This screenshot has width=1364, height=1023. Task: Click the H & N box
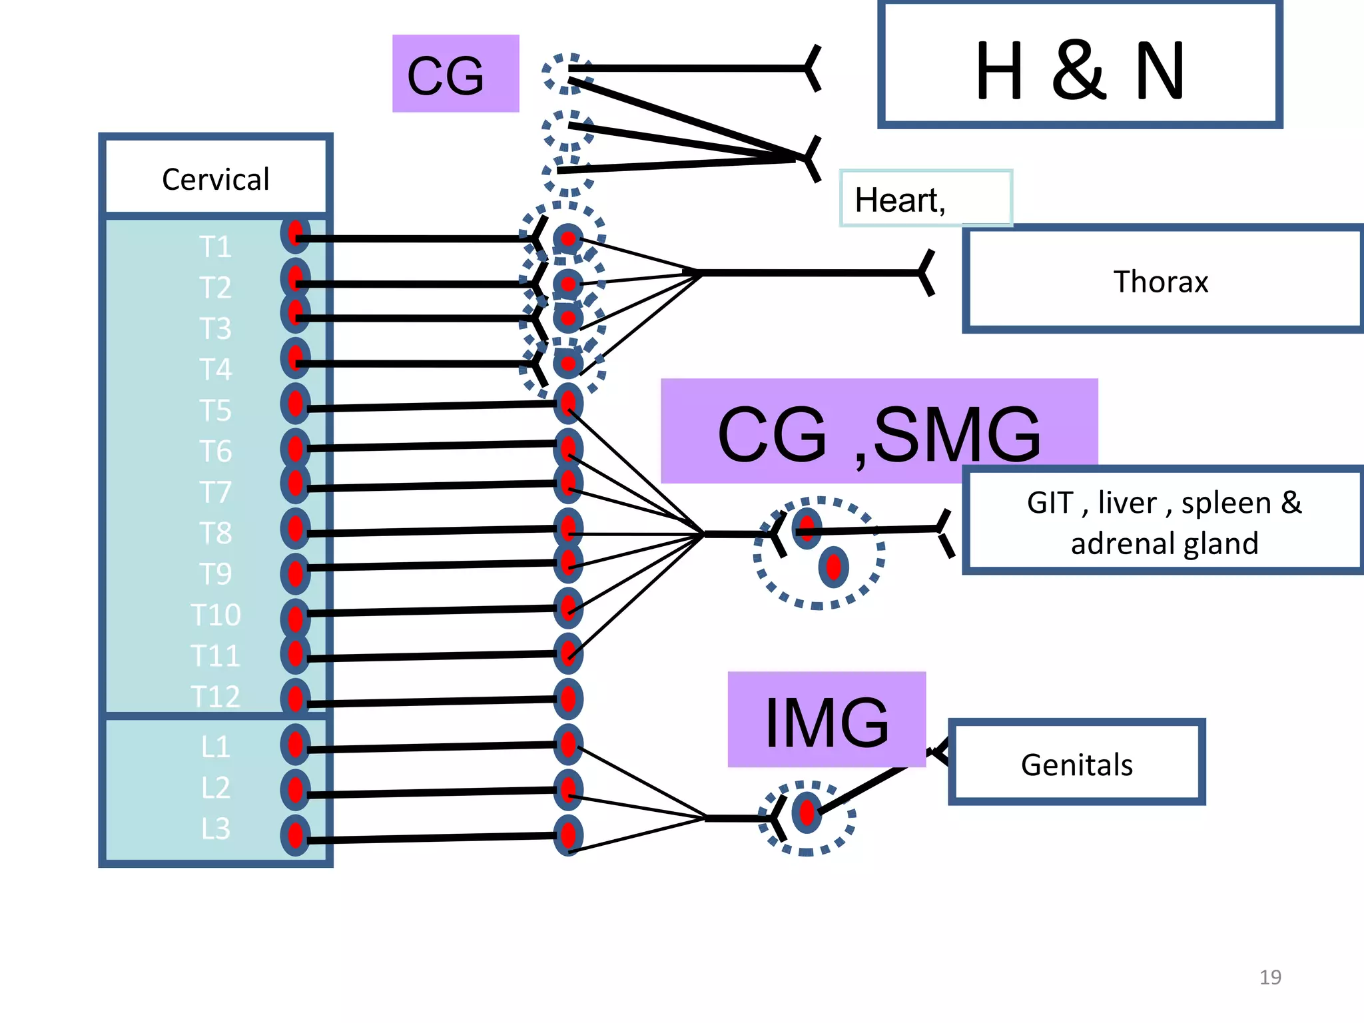1079,65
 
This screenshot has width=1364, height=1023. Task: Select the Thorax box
1162,280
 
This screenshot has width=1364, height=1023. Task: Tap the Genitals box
1076,763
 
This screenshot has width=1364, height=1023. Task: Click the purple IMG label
826,721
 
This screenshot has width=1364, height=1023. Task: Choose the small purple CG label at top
456,73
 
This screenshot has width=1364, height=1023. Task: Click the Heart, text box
924,198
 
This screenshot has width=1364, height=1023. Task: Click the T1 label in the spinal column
215,246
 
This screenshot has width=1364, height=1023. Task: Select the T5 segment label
215,410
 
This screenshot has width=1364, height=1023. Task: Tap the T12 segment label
215,696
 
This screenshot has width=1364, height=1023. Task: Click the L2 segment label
215,787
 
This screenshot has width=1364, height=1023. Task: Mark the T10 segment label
215,614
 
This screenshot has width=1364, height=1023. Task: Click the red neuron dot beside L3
296,835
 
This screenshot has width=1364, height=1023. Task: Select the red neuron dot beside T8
296,528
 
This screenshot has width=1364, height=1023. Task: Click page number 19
1269,977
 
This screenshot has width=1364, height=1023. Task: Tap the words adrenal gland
1164,543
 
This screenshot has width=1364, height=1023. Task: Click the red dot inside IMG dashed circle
807,813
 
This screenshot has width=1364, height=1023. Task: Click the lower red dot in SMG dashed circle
833,567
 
